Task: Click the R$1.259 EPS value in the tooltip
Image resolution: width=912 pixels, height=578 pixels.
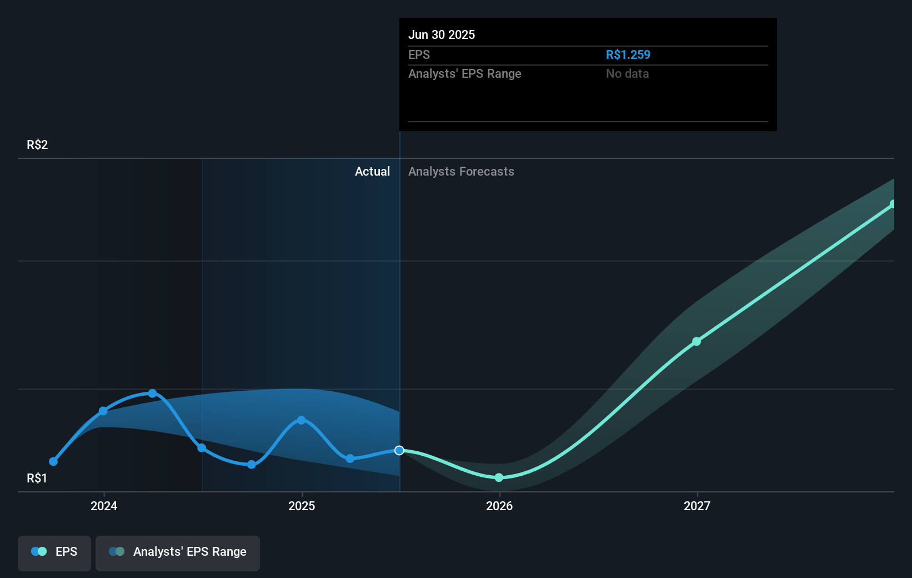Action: click(x=628, y=54)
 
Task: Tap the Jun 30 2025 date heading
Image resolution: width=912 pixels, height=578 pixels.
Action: click(x=442, y=34)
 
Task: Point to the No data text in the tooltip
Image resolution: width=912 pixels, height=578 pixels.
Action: click(x=627, y=73)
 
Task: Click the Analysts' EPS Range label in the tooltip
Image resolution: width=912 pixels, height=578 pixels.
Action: click(x=464, y=73)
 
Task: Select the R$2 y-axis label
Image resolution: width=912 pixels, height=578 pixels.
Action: click(x=37, y=144)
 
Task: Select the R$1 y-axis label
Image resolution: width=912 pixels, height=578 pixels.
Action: click(x=37, y=478)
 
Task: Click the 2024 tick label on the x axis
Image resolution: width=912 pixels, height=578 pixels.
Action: click(x=104, y=506)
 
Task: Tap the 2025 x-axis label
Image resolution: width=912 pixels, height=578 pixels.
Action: click(x=302, y=506)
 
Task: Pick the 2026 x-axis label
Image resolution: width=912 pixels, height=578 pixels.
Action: click(x=499, y=506)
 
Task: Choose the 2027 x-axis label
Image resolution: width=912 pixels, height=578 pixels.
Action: click(x=697, y=506)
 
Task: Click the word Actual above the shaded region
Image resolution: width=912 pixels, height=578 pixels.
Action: click(x=372, y=171)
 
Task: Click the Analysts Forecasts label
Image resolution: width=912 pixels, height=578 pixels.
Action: click(x=461, y=171)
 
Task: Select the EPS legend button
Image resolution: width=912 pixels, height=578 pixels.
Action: click(x=54, y=552)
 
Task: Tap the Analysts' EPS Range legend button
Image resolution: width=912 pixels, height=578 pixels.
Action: click(x=178, y=552)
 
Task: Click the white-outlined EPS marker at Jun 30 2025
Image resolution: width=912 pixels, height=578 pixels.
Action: click(x=399, y=450)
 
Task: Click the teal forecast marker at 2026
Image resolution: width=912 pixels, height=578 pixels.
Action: click(x=499, y=477)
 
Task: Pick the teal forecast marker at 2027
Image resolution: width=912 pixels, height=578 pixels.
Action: click(x=696, y=341)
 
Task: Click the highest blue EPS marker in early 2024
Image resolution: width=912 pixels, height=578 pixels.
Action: click(x=152, y=393)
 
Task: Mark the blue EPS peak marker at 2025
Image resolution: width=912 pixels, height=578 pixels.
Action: click(x=301, y=420)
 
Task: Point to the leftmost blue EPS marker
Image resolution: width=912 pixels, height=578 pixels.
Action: click(x=53, y=461)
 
